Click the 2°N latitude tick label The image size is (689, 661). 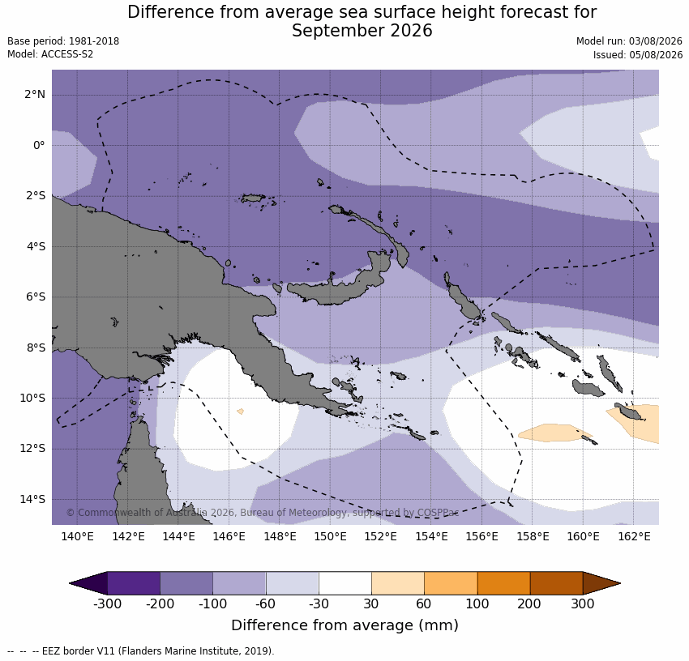click(x=35, y=95)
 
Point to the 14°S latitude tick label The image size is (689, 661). click(x=32, y=499)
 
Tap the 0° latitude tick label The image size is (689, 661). click(x=39, y=145)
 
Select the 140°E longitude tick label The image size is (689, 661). click(x=77, y=536)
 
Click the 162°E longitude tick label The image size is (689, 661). click(x=634, y=536)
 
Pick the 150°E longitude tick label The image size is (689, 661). click(x=331, y=536)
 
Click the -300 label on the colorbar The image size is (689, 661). click(x=107, y=604)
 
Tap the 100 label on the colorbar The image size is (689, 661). click(x=477, y=604)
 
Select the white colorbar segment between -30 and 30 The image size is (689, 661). click(x=345, y=583)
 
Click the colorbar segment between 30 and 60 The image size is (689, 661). click(x=398, y=583)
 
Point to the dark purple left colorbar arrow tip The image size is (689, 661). click(x=71, y=583)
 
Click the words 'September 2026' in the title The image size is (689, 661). click(x=362, y=31)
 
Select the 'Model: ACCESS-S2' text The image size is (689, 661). click(x=50, y=54)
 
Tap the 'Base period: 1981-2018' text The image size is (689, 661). click(x=63, y=41)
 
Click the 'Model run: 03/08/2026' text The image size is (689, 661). click(x=629, y=41)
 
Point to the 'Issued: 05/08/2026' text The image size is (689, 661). click(x=638, y=55)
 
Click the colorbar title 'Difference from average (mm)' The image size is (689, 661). click(x=345, y=625)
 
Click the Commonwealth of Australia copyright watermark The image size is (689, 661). click(x=263, y=513)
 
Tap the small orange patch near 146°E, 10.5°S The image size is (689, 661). click(x=241, y=412)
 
